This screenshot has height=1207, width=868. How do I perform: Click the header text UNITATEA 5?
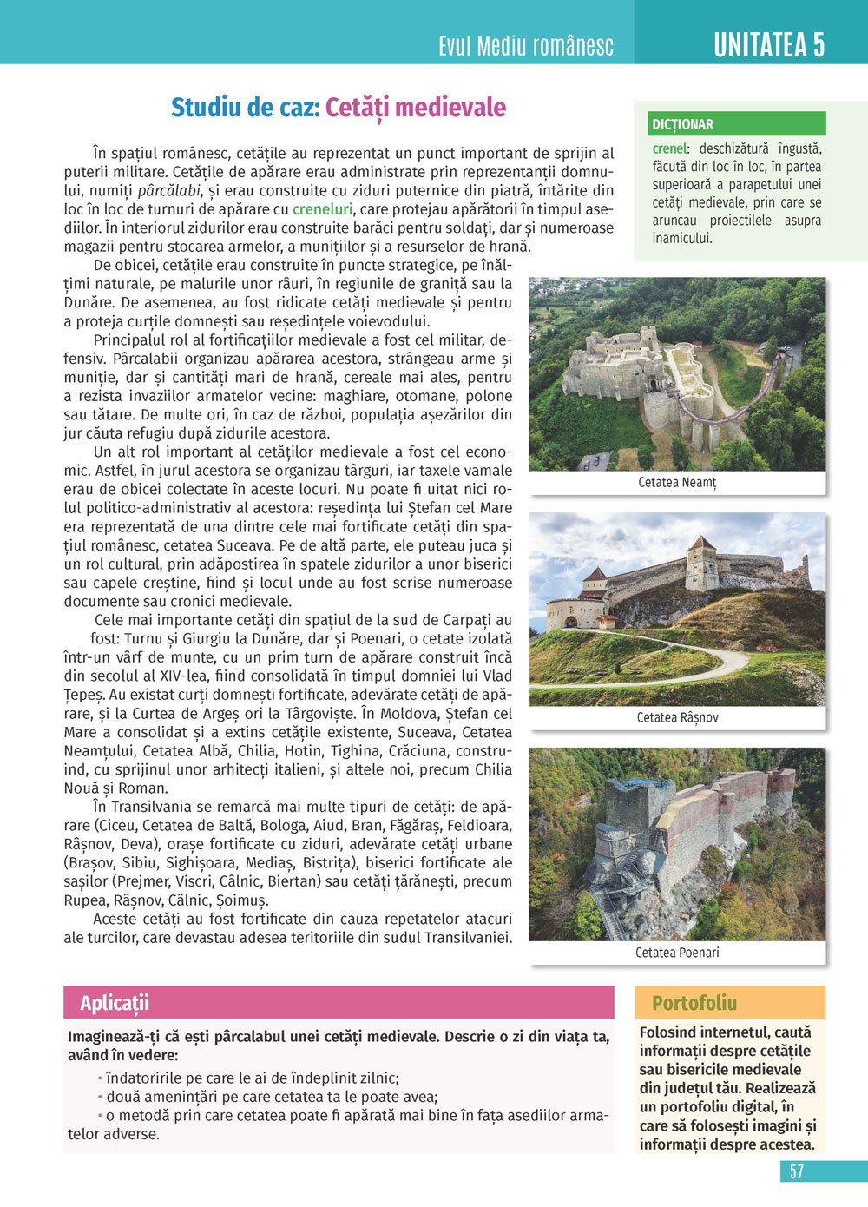pyautogui.click(x=768, y=45)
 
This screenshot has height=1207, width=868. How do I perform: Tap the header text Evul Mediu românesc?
pyautogui.click(x=526, y=46)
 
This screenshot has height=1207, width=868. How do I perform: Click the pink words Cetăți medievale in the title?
pyautogui.click(x=416, y=108)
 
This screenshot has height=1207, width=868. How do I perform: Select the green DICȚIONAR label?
pyautogui.click(x=682, y=124)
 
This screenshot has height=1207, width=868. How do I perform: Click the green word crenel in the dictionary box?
pyautogui.click(x=669, y=148)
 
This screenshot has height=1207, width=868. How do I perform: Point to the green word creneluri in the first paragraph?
pyautogui.click(x=322, y=209)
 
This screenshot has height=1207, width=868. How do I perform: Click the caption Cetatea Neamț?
pyautogui.click(x=677, y=482)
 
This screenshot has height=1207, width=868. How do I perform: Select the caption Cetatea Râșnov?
pyautogui.click(x=677, y=717)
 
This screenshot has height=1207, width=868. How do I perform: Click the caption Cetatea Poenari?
pyautogui.click(x=677, y=953)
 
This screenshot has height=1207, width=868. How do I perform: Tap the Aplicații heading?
pyautogui.click(x=115, y=1003)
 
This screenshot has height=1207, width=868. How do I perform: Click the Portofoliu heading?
pyautogui.click(x=694, y=1003)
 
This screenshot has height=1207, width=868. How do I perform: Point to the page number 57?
pyautogui.click(x=796, y=1171)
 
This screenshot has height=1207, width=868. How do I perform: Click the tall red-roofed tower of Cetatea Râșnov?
pyautogui.click(x=700, y=562)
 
